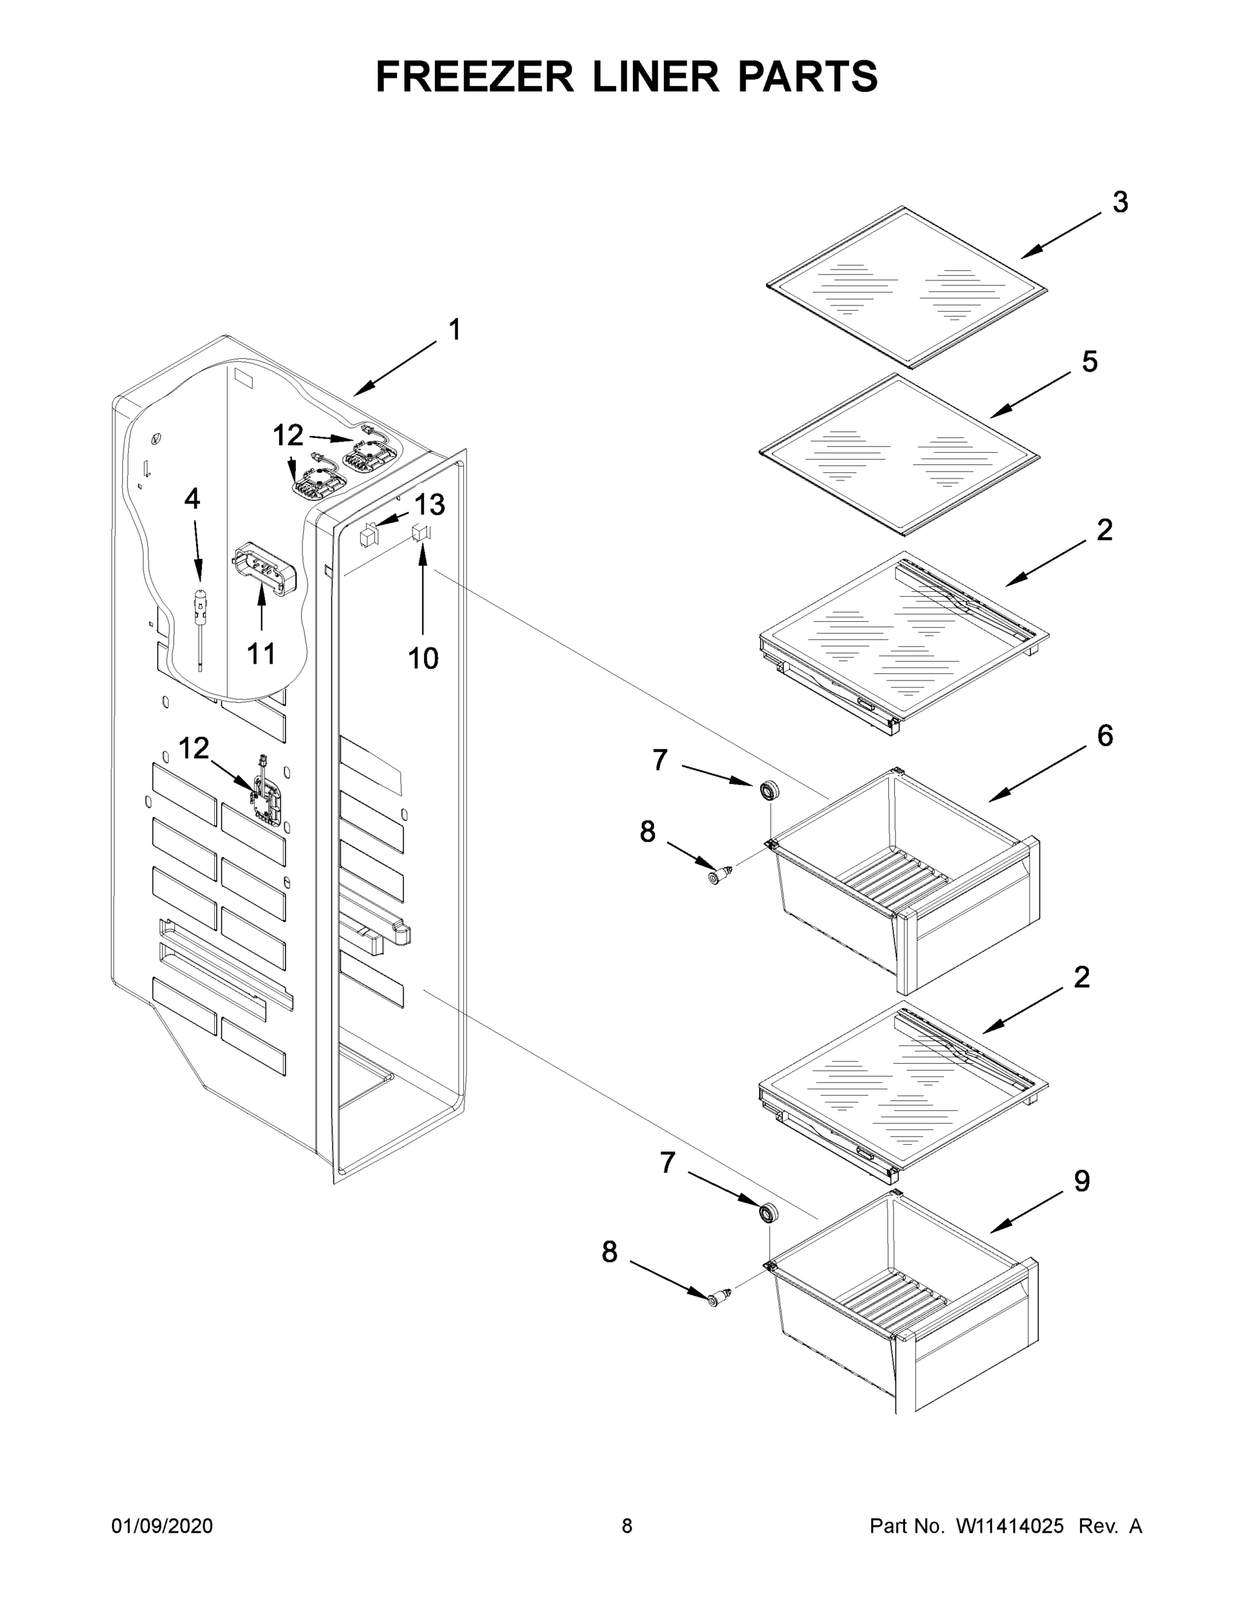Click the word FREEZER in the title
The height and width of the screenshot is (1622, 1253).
pos(474,76)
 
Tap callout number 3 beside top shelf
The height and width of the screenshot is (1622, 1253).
pos(1119,202)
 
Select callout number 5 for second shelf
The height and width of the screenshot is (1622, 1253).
pos(1089,362)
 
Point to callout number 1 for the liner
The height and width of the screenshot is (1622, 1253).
pos(455,330)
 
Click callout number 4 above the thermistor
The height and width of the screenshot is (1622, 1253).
pos(192,499)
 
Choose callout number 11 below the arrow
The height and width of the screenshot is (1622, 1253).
pos(261,654)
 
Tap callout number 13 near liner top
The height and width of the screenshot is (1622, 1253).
pos(429,505)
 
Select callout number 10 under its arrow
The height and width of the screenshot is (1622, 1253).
pos(423,658)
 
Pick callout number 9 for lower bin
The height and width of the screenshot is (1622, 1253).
pos(1081,1181)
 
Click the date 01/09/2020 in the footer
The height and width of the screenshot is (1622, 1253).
pos(162,1526)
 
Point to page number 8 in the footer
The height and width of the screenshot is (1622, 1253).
pos(627,1526)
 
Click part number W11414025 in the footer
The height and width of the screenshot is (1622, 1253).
pos(1010,1526)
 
